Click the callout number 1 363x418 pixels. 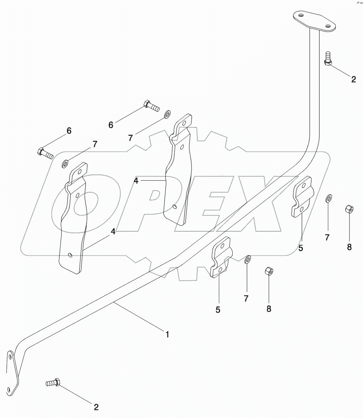(x=167, y=334)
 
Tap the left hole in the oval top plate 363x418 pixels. (x=301, y=16)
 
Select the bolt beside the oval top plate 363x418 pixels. (x=328, y=58)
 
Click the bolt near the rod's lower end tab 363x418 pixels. (x=53, y=383)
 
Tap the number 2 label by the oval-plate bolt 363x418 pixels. (x=353, y=79)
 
